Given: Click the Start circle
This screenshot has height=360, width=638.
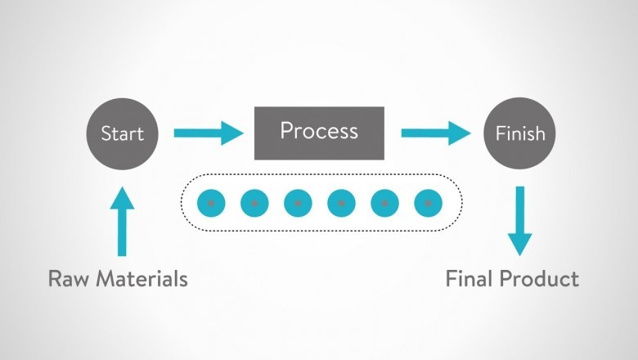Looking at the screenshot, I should [122, 133].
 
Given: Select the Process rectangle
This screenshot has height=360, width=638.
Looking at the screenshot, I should [319, 133].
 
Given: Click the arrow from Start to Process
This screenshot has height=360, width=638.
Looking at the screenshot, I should [209, 133].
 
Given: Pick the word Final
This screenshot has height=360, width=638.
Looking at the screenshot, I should [469, 279].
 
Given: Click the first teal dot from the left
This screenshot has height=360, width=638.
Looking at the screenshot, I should [211, 202].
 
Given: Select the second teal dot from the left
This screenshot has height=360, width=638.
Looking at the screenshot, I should [254, 202].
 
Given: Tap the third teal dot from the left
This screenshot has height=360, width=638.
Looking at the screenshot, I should [298, 202].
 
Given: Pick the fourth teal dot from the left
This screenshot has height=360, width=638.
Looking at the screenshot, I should [341, 202].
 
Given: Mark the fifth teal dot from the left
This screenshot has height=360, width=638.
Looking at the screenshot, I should [384, 202].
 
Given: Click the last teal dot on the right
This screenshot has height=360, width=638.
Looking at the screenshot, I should [428, 202].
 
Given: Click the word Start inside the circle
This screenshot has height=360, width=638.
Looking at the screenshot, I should [122, 133].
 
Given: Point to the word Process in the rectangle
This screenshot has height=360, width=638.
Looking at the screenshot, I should [319, 131].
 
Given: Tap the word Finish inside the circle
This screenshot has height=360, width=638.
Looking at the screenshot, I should [519, 133].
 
